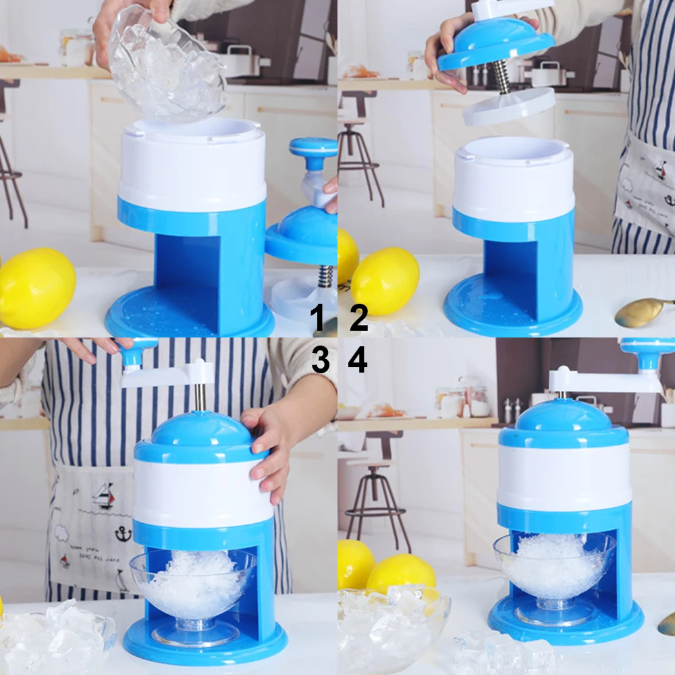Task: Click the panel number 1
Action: click(x=319, y=318)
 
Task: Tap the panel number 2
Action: click(x=358, y=318)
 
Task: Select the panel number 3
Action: click(x=320, y=360)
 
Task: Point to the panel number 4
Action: click(x=358, y=360)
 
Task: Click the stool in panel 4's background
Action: click(x=378, y=486)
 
